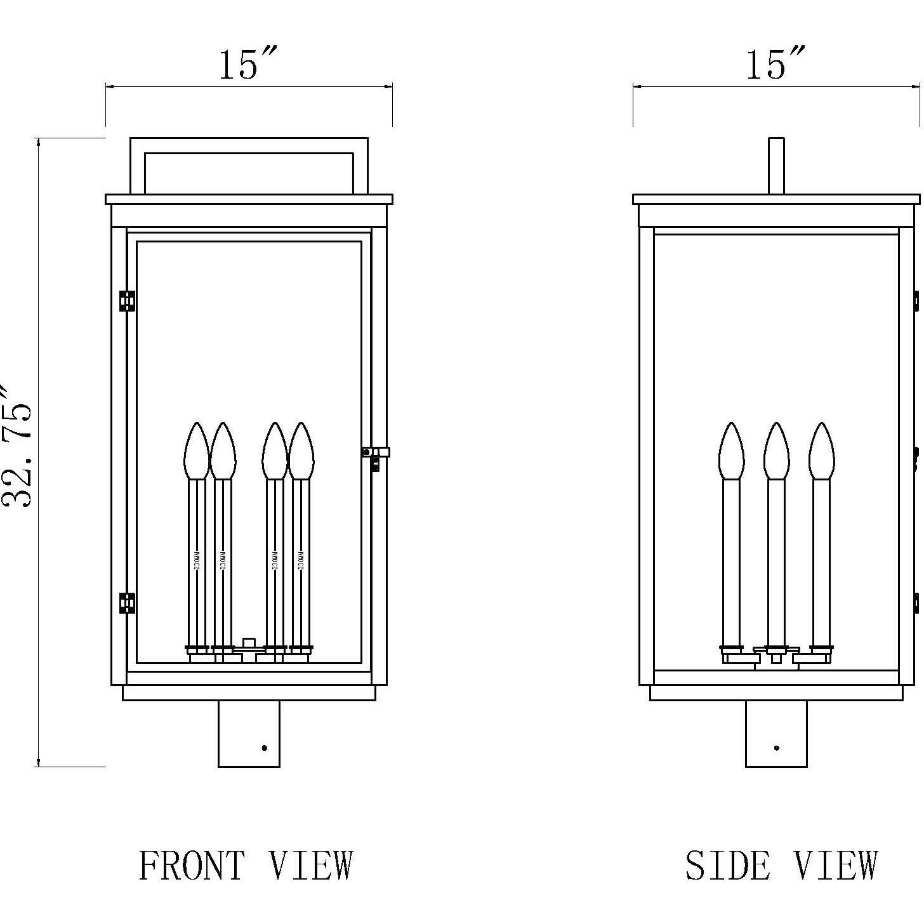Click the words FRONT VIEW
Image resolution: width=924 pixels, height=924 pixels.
[246, 866]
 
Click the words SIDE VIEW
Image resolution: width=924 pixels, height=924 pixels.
[781, 866]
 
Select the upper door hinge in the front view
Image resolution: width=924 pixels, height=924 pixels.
[128, 301]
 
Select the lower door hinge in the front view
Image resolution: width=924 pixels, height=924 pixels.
[128, 603]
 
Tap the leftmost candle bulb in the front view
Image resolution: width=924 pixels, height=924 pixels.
[196, 451]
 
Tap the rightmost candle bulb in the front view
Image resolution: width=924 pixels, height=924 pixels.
[301, 451]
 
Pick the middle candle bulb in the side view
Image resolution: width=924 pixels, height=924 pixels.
[775, 451]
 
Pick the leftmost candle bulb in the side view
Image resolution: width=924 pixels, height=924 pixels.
[731, 451]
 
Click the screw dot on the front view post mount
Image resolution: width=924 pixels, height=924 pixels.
[265, 748]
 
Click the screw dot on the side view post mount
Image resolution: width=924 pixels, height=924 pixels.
[777, 748]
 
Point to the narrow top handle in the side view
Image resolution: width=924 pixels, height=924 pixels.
[776, 165]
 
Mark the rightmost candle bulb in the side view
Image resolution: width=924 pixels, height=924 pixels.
[821, 451]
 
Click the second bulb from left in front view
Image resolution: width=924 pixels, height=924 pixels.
[223, 451]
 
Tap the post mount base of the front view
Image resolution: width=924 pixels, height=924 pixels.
[249, 733]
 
